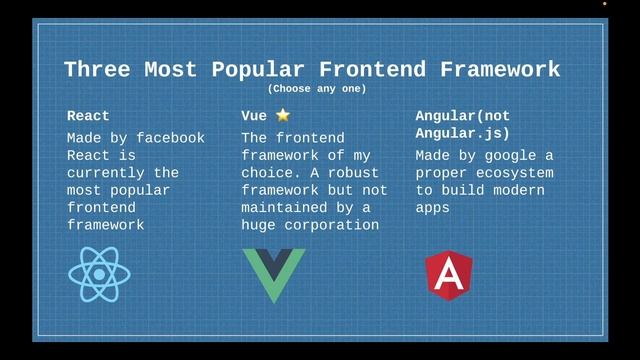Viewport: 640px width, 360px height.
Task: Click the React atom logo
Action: [x=99, y=275]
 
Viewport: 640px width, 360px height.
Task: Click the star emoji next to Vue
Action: [x=283, y=116]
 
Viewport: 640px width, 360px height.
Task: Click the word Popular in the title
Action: [x=257, y=70]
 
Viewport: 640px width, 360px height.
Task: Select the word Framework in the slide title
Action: [x=491, y=70]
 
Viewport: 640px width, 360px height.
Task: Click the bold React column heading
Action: [x=88, y=116]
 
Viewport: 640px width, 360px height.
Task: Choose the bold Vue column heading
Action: [x=254, y=116]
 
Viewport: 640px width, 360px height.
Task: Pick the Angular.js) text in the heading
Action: [x=462, y=133]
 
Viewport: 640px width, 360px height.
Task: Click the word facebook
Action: [x=169, y=138]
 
